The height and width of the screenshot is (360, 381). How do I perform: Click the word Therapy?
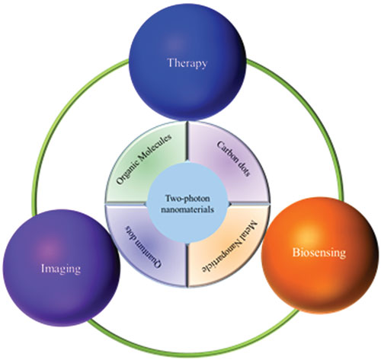coord(187,63)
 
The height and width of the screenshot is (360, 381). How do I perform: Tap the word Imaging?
coord(61,269)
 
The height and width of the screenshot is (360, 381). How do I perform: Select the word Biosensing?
coord(319,253)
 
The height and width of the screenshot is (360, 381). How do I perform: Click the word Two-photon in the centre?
coord(187,199)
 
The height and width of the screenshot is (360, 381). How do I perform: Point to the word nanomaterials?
coord(187,210)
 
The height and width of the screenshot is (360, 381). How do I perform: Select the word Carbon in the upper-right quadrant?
coord(226,153)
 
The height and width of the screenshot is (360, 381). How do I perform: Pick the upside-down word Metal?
coord(252,229)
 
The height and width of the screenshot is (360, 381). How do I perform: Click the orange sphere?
coord(319,255)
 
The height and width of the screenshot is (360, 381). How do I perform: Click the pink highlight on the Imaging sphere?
coord(50,251)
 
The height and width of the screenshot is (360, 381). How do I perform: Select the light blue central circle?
coord(187,204)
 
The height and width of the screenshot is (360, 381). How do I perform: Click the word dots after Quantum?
coord(132,231)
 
